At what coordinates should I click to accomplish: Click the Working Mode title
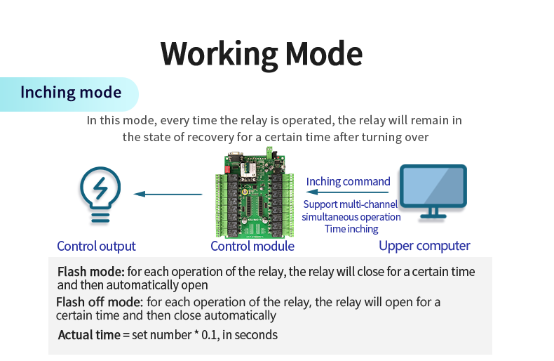tap(262, 53)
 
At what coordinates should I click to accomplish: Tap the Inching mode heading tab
tap(70, 93)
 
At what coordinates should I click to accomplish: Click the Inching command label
tap(348, 181)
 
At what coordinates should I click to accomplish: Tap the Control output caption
tap(96, 246)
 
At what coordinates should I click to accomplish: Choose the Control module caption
tap(252, 246)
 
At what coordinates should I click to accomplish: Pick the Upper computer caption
tap(424, 246)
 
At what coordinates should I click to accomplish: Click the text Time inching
tap(351, 229)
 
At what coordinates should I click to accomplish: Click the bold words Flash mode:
tap(90, 272)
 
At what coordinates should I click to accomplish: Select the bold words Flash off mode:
tap(99, 303)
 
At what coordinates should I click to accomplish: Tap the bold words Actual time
tap(89, 335)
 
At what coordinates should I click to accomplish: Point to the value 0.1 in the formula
tap(209, 335)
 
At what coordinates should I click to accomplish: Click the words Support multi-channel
tap(350, 204)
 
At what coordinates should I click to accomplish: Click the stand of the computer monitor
tap(433, 212)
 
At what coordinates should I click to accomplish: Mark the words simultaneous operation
tap(351, 217)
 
